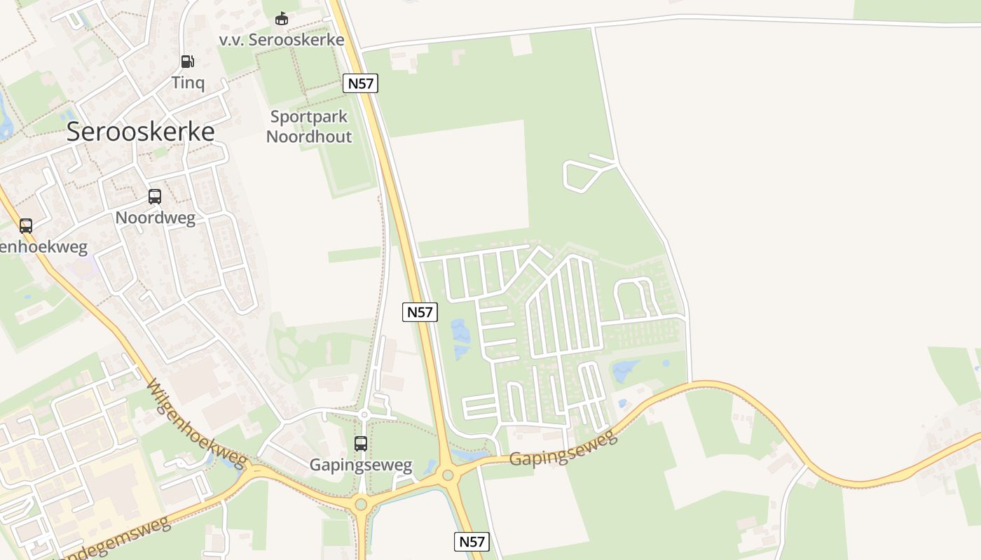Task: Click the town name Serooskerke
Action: pos(140,132)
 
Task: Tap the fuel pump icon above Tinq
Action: pos(187,62)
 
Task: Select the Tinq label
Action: pos(188,83)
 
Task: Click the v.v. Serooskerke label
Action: pos(282,39)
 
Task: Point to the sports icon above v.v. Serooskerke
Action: pos(282,19)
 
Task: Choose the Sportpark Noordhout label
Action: pos(309,127)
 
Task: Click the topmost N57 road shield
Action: pos(361,83)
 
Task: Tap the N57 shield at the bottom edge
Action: pos(472,541)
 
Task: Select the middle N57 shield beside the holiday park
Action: pos(420,312)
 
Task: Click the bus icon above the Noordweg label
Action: pos(155,197)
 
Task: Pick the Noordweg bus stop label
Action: pos(155,217)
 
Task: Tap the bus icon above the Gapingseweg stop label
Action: pos(361,443)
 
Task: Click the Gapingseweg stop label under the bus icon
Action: pos(361,465)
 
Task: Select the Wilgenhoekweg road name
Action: pos(198,424)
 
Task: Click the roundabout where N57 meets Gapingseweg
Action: pos(448,476)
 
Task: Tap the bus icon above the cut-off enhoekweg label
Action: pos(26,225)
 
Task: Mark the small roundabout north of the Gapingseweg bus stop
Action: pos(364,415)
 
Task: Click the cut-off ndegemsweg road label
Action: pos(116,540)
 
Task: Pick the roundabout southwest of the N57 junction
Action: pos(361,503)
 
